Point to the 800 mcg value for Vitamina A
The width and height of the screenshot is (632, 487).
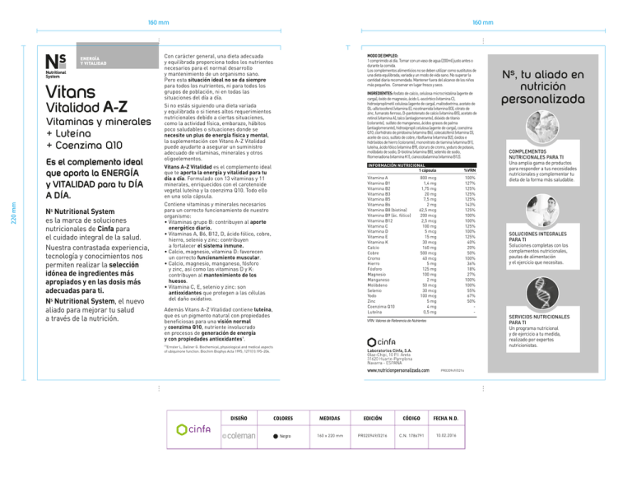coord(428,178)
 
